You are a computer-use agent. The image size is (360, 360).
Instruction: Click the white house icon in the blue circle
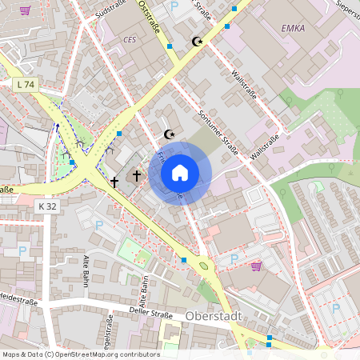point(180,173)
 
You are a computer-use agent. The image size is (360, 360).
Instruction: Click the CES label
point(130,39)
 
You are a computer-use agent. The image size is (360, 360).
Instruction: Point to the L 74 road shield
point(26,84)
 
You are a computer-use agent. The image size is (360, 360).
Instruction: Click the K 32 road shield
point(48,206)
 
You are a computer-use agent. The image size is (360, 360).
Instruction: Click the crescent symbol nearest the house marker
point(169,134)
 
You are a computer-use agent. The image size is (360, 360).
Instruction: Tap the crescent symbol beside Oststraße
point(198,42)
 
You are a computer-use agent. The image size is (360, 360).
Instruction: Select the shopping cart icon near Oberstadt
point(256,266)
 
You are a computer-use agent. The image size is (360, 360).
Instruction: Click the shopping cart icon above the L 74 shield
point(25,10)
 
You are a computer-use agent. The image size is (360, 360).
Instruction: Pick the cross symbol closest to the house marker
point(137,174)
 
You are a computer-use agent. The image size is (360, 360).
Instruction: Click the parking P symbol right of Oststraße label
point(175,6)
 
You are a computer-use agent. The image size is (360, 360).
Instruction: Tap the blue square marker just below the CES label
point(170,47)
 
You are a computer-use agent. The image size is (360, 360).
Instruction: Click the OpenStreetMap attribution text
point(80,354)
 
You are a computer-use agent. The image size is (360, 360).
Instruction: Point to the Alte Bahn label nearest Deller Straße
point(145,295)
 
